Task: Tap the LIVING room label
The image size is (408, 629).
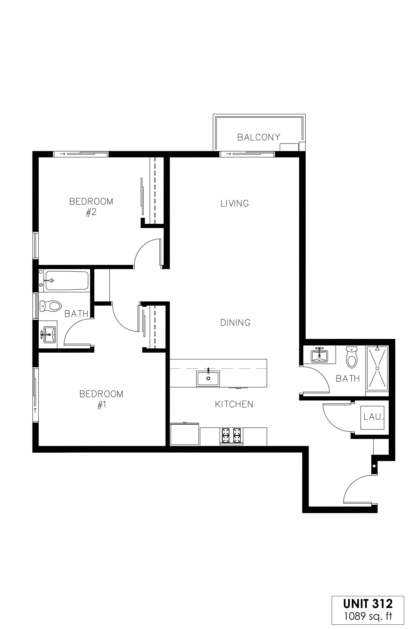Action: [x=235, y=203]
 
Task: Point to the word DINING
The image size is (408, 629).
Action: [x=235, y=322]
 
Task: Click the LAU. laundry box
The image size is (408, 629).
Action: [x=372, y=417]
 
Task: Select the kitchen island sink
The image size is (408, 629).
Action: [x=208, y=379]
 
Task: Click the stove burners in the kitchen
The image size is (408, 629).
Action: [x=231, y=436]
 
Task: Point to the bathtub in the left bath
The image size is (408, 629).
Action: [x=67, y=280]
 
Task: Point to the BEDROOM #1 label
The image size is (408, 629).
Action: [x=101, y=399]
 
